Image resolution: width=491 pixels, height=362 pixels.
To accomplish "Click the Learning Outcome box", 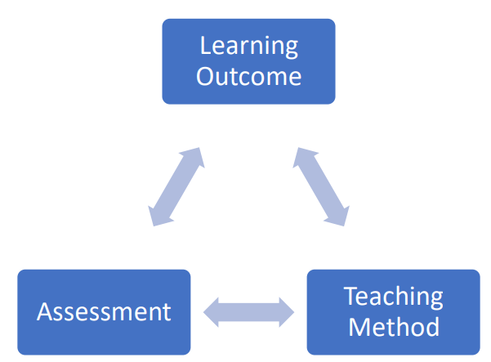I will [248, 61].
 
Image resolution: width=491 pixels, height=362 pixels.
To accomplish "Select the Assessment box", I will [104, 311].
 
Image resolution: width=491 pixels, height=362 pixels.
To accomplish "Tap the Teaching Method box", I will [393, 311].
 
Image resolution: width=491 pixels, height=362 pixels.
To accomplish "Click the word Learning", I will [248, 47].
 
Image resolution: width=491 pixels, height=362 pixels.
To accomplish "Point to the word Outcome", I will [248, 76].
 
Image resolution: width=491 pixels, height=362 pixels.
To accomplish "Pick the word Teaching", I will [393, 296].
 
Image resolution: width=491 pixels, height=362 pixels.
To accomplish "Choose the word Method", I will [393, 327].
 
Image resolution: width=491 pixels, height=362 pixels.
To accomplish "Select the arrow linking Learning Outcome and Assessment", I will [176, 187].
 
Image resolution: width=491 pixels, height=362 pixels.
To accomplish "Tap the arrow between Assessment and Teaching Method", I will [248, 311].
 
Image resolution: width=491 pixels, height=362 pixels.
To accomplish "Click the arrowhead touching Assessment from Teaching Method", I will [212, 311].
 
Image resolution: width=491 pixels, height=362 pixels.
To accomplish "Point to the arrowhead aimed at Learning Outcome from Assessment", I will [194, 157].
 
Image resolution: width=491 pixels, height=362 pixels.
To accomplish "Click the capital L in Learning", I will [205, 45].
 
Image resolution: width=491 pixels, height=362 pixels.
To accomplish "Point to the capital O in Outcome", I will [206, 76].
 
